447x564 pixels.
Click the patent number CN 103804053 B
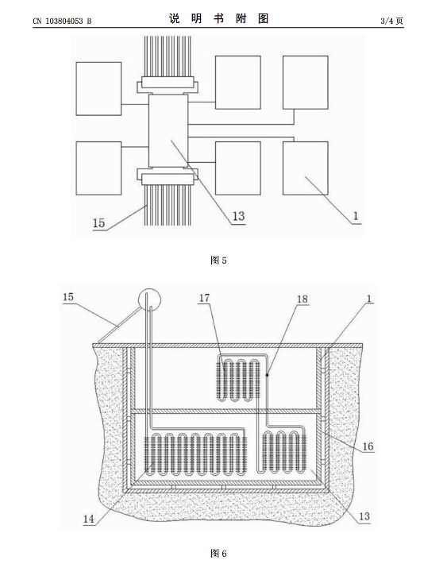(62, 21)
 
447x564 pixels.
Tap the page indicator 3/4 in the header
(387, 21)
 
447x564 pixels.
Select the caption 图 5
(218, 260)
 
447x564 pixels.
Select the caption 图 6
(218, 553)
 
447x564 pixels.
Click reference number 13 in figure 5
(238, 216)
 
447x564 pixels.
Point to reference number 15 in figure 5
(98, 223)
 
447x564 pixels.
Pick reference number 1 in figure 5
(356, 216)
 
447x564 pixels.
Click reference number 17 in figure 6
(204, 298)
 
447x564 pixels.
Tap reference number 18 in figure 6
(302, 299)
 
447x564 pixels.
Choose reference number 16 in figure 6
(368, 446)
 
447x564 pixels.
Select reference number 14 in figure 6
(88, 519)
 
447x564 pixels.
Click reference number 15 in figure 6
(68, 297)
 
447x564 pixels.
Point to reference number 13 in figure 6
(364, 516)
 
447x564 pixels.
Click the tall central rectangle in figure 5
(168, 131)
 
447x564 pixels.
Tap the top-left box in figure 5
(98, 88)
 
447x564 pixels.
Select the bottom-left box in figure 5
(98, 168)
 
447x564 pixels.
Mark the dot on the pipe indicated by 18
(267, 375)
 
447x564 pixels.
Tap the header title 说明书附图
(218, 18)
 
